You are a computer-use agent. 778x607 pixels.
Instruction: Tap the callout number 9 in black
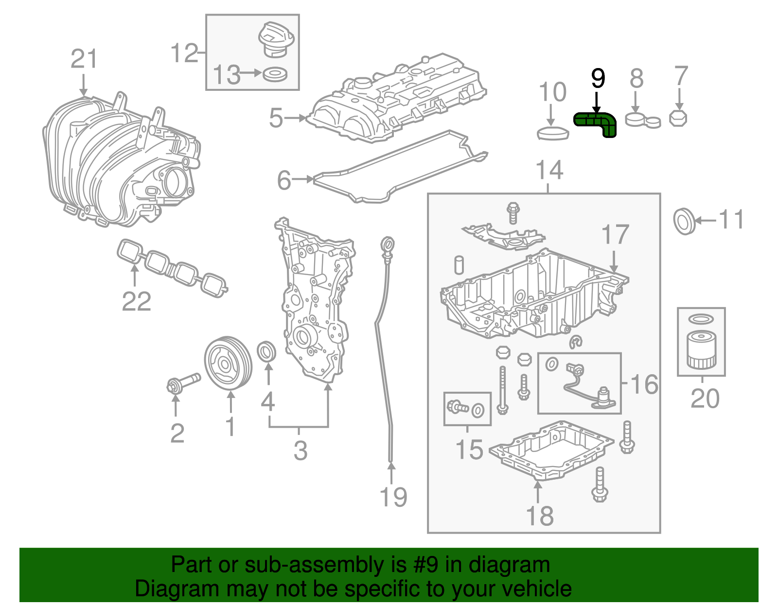click(598, 78)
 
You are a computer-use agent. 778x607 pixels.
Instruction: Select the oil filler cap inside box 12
click(276, 39)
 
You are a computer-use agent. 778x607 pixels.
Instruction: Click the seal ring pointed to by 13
click(275, 74)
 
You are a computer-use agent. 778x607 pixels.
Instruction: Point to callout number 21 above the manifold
click(84, 59)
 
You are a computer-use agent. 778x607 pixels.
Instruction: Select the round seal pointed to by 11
click(684, 221)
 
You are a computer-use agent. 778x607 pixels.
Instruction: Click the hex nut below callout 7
click(678, 118)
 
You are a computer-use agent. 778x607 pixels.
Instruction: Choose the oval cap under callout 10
click(553, 133)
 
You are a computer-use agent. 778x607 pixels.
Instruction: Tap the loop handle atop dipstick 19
click(388, 244)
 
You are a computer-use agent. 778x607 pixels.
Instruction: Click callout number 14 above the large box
click(549, 171)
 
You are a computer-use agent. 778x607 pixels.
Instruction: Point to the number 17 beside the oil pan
click(615, 235)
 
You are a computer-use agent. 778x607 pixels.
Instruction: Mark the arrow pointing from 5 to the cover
click(295, 118)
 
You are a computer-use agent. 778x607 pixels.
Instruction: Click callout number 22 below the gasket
click(136, 301)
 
